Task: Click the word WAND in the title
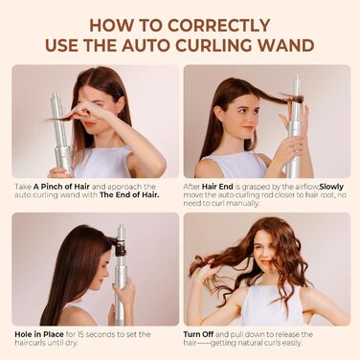tap(281, 44)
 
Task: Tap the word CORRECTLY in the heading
tap(239, 21)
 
